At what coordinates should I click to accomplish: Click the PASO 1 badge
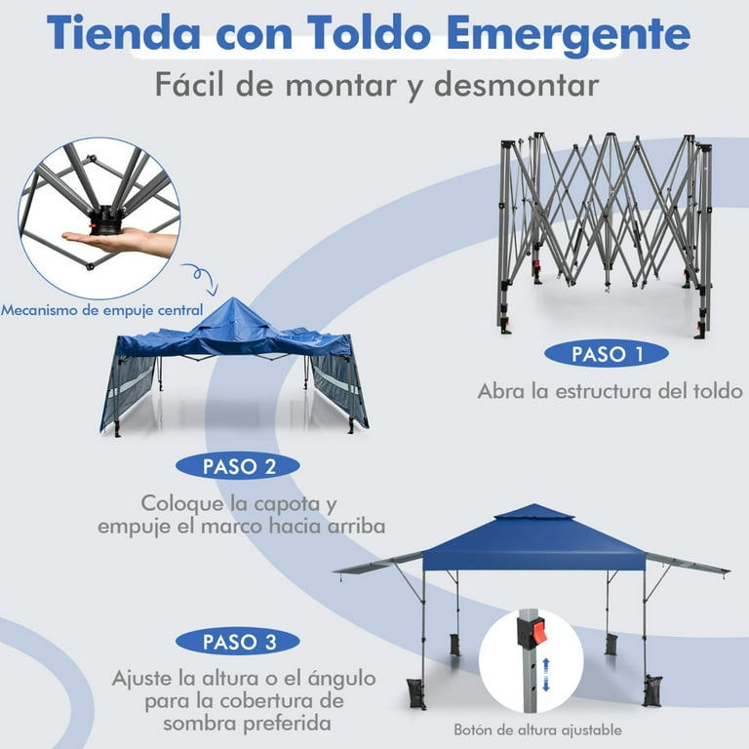pos(607,354)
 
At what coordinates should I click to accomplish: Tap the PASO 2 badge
pos(237,466)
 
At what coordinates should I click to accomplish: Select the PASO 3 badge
pos(237,641)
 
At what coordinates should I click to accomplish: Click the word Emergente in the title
pos(569,34)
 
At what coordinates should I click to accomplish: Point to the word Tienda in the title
pos(123,32)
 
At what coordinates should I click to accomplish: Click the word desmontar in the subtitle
pos(516,85)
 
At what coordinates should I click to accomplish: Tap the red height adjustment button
pos(537,631)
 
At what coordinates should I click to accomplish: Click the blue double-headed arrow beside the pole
pos(546,675)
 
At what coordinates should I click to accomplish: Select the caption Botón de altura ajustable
pos(537,729)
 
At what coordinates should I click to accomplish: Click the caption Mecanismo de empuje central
pos(101,310)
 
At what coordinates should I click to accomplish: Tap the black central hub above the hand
pos(104,220)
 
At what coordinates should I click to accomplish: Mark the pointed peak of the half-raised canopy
pos(234,298)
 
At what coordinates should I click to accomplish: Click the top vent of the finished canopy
pos(534,512)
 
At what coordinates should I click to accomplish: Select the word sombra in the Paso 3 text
pos(201,724)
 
